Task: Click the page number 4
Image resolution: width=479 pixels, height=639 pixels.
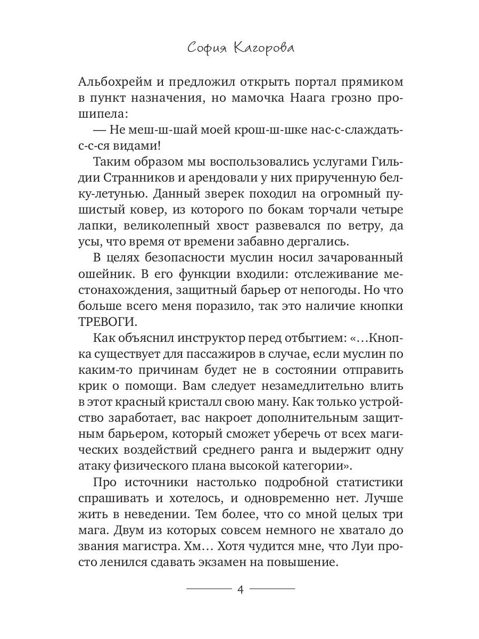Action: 240,589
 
